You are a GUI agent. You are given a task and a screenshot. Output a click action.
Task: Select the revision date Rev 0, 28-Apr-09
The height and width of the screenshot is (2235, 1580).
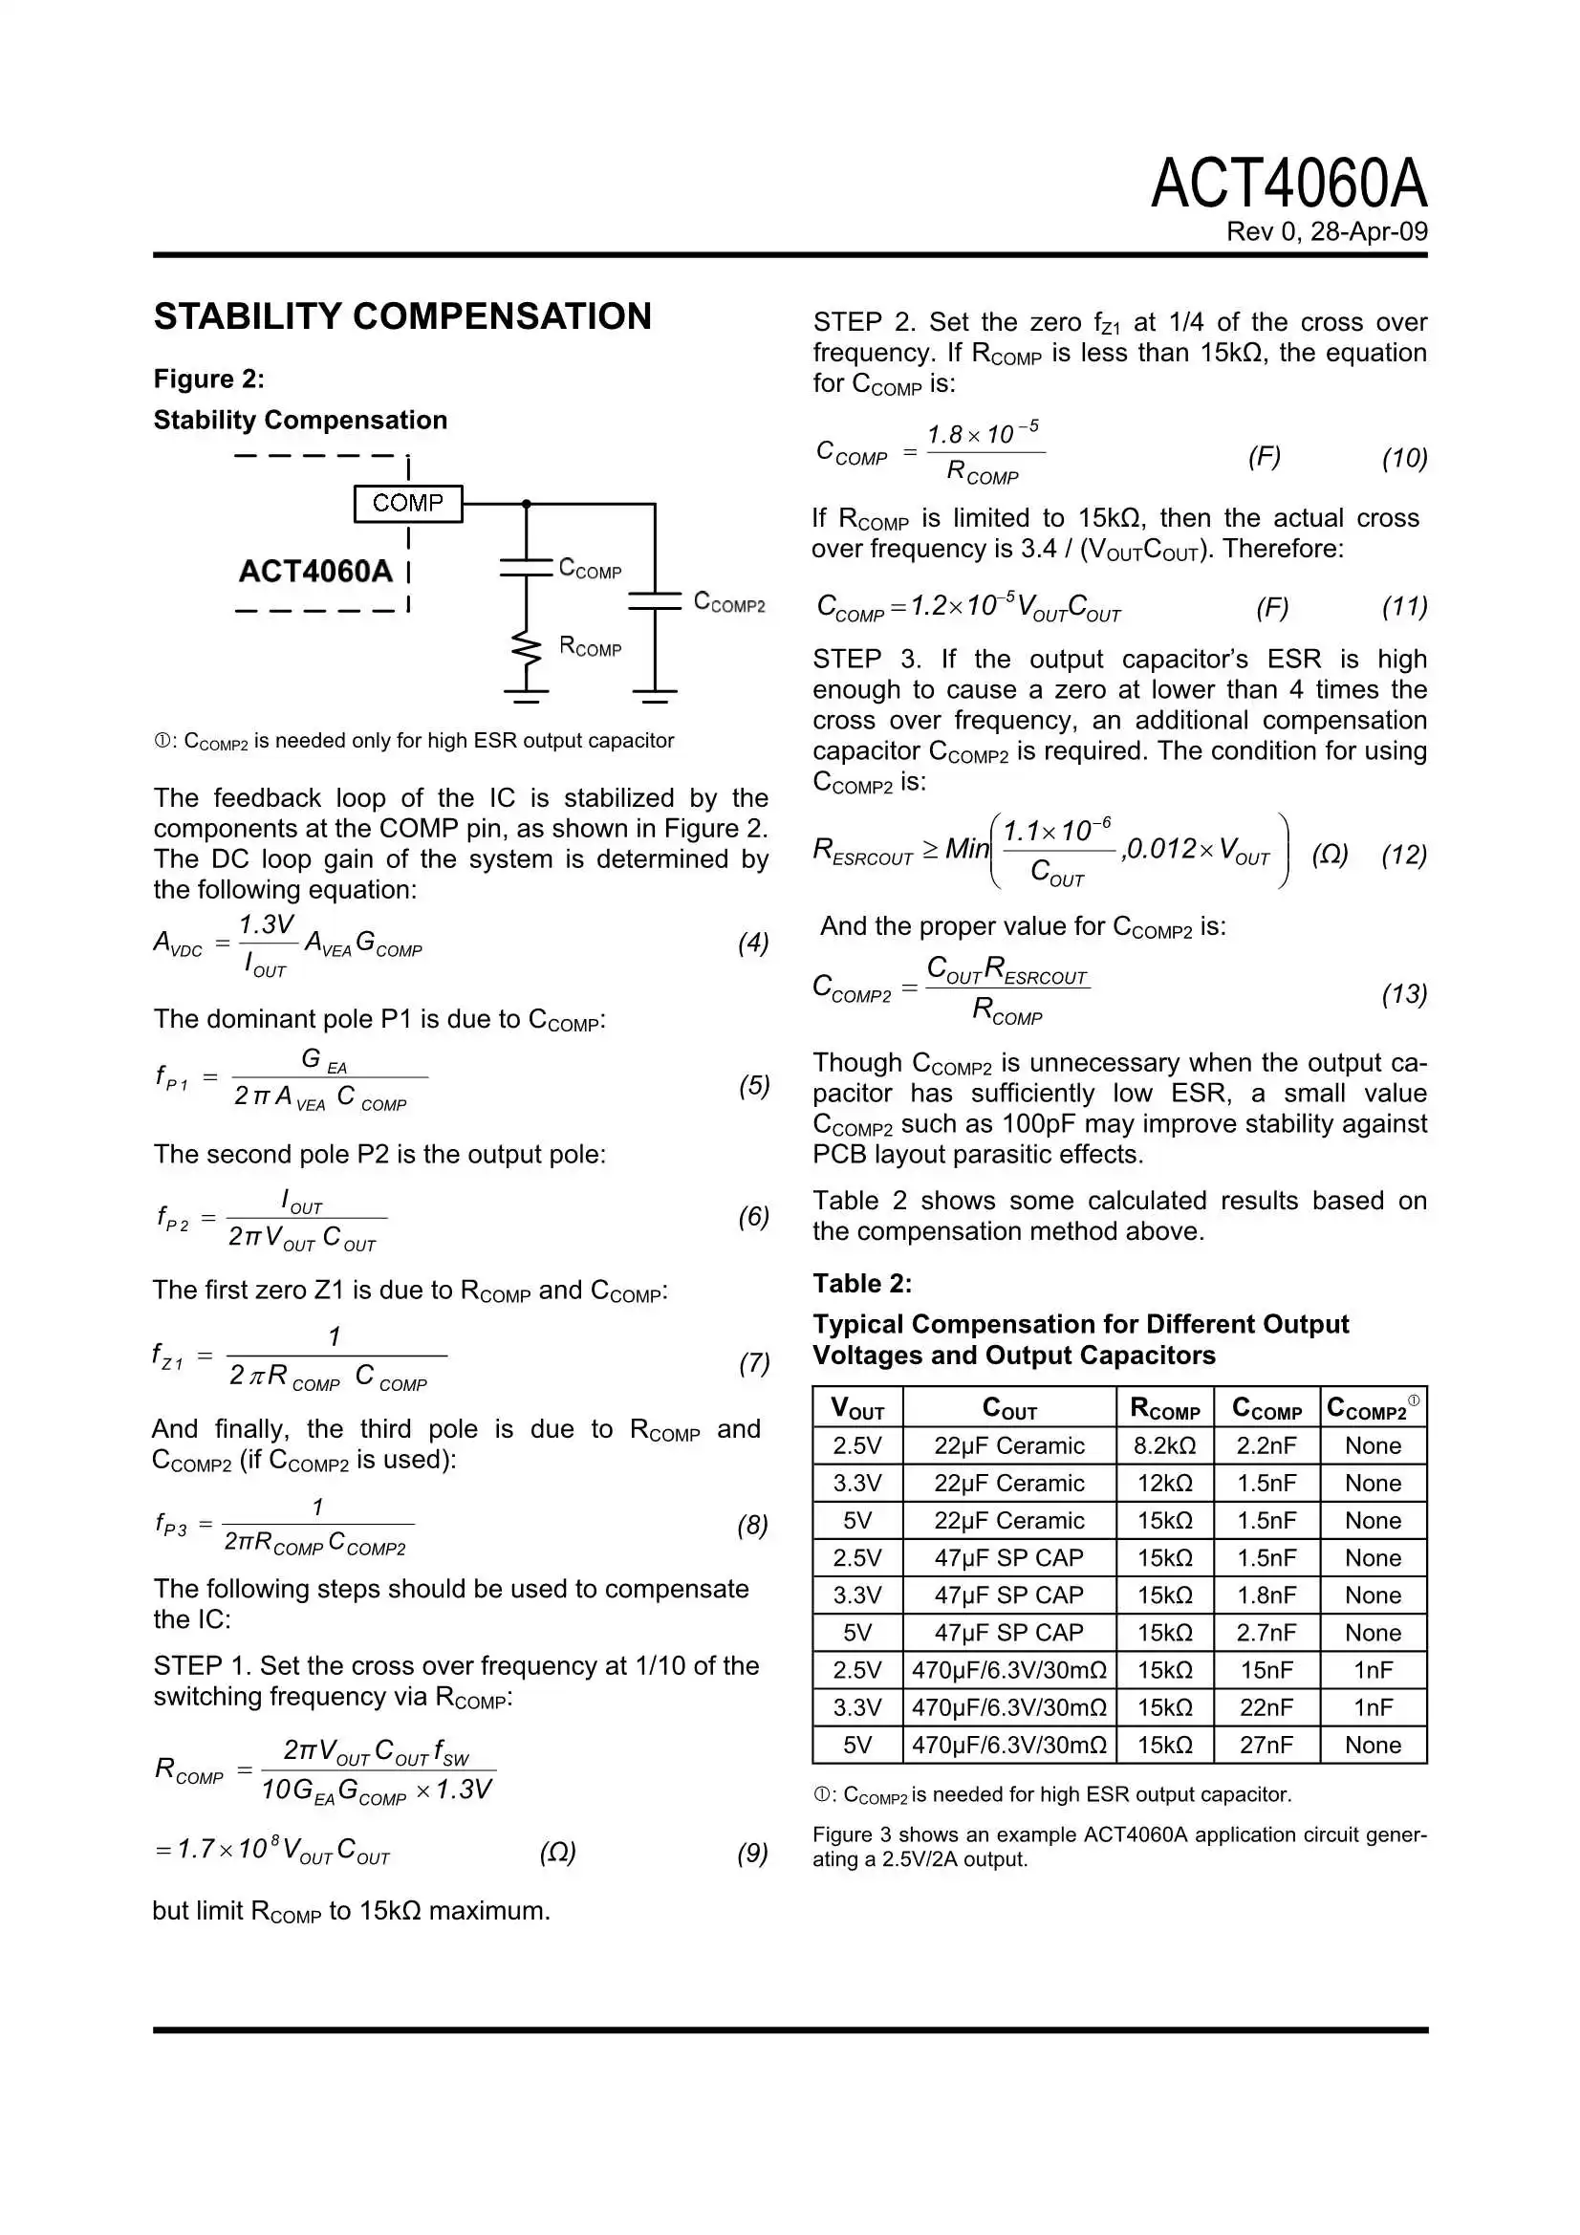(x=1326, y=231)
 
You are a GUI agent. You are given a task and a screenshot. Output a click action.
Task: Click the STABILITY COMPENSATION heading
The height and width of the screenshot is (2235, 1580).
(x=402, y=316)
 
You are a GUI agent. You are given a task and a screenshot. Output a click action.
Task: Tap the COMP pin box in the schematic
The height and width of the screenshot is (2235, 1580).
(x=407, y=503)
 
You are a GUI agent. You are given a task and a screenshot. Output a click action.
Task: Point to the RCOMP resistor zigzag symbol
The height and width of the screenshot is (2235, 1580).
(x=526, y=647)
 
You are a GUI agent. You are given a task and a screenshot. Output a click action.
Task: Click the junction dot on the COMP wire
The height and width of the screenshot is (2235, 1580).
(x=526, y=503)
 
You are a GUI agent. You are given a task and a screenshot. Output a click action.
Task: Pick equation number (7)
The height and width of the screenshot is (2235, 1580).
(x=753, y=1363)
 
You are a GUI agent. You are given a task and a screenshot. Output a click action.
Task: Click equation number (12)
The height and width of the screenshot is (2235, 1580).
(x=1403, y=855)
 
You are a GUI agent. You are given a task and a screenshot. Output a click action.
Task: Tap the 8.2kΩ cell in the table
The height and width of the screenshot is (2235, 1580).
(x=1164, y=1445)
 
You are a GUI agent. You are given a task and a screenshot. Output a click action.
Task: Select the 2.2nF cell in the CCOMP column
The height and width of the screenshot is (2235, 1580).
(x=1266, y=1445)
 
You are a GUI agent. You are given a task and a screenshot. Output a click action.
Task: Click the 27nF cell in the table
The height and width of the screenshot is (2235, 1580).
(x=1266, y=1745)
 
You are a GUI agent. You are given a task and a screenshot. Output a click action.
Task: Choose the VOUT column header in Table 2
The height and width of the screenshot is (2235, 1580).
(x=856, y=1407)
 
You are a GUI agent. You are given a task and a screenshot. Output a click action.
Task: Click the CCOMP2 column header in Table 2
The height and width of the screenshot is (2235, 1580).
(x=1371, y=1407)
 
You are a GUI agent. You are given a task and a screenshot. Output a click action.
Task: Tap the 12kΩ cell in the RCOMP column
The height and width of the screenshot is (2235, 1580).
(x=1164, y=1483)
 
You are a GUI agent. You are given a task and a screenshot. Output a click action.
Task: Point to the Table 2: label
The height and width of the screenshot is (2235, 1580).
(x=861, y=1284)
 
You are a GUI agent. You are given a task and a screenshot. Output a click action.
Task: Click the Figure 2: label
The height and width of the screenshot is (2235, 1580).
(x=208, y=379)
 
